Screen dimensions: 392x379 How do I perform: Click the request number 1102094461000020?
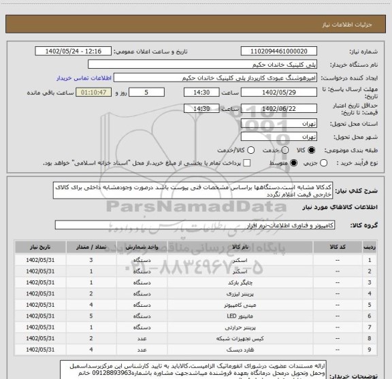pos(280,52)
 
